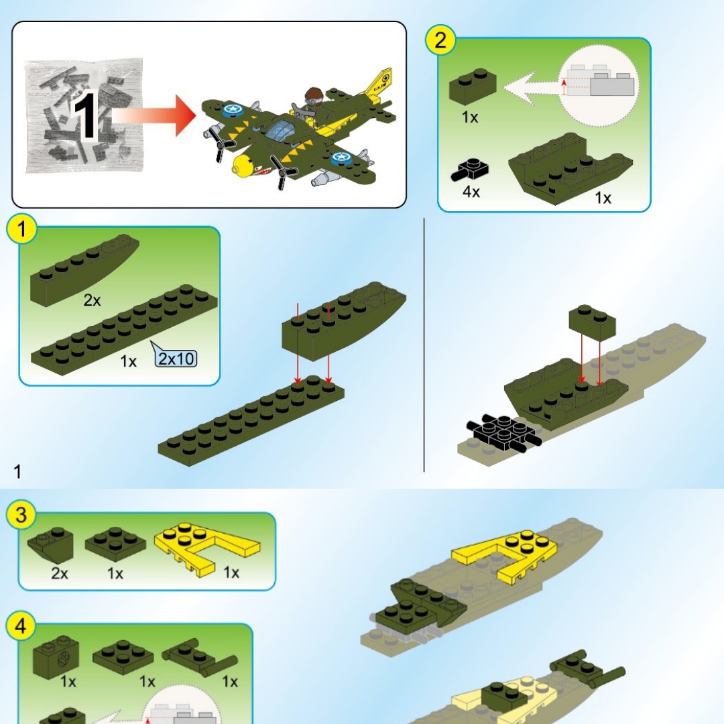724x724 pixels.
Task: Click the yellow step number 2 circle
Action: pyautogui.click(x=440, y=40)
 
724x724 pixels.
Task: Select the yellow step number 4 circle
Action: pyautogui.click(x=21, y=627)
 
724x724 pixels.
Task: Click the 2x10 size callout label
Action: pyautogui.click(x=176, y=358)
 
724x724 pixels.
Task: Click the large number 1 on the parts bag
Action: pyautogui.click(x=85, y=116)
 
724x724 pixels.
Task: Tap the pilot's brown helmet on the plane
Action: pyautogui.click(x=314, y=93)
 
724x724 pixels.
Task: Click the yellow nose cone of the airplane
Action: pyautogui.click(x=242, y=165)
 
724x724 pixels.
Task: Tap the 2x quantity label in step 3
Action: pyautogui.click(x=60, y=573)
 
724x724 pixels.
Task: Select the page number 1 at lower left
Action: pyautogui.click(x=17, y=471)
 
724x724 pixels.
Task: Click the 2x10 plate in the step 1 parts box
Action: pyautogui.click(x=124, y=330)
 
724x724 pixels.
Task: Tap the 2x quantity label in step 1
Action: pyautogui.click(x=92, y=300)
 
